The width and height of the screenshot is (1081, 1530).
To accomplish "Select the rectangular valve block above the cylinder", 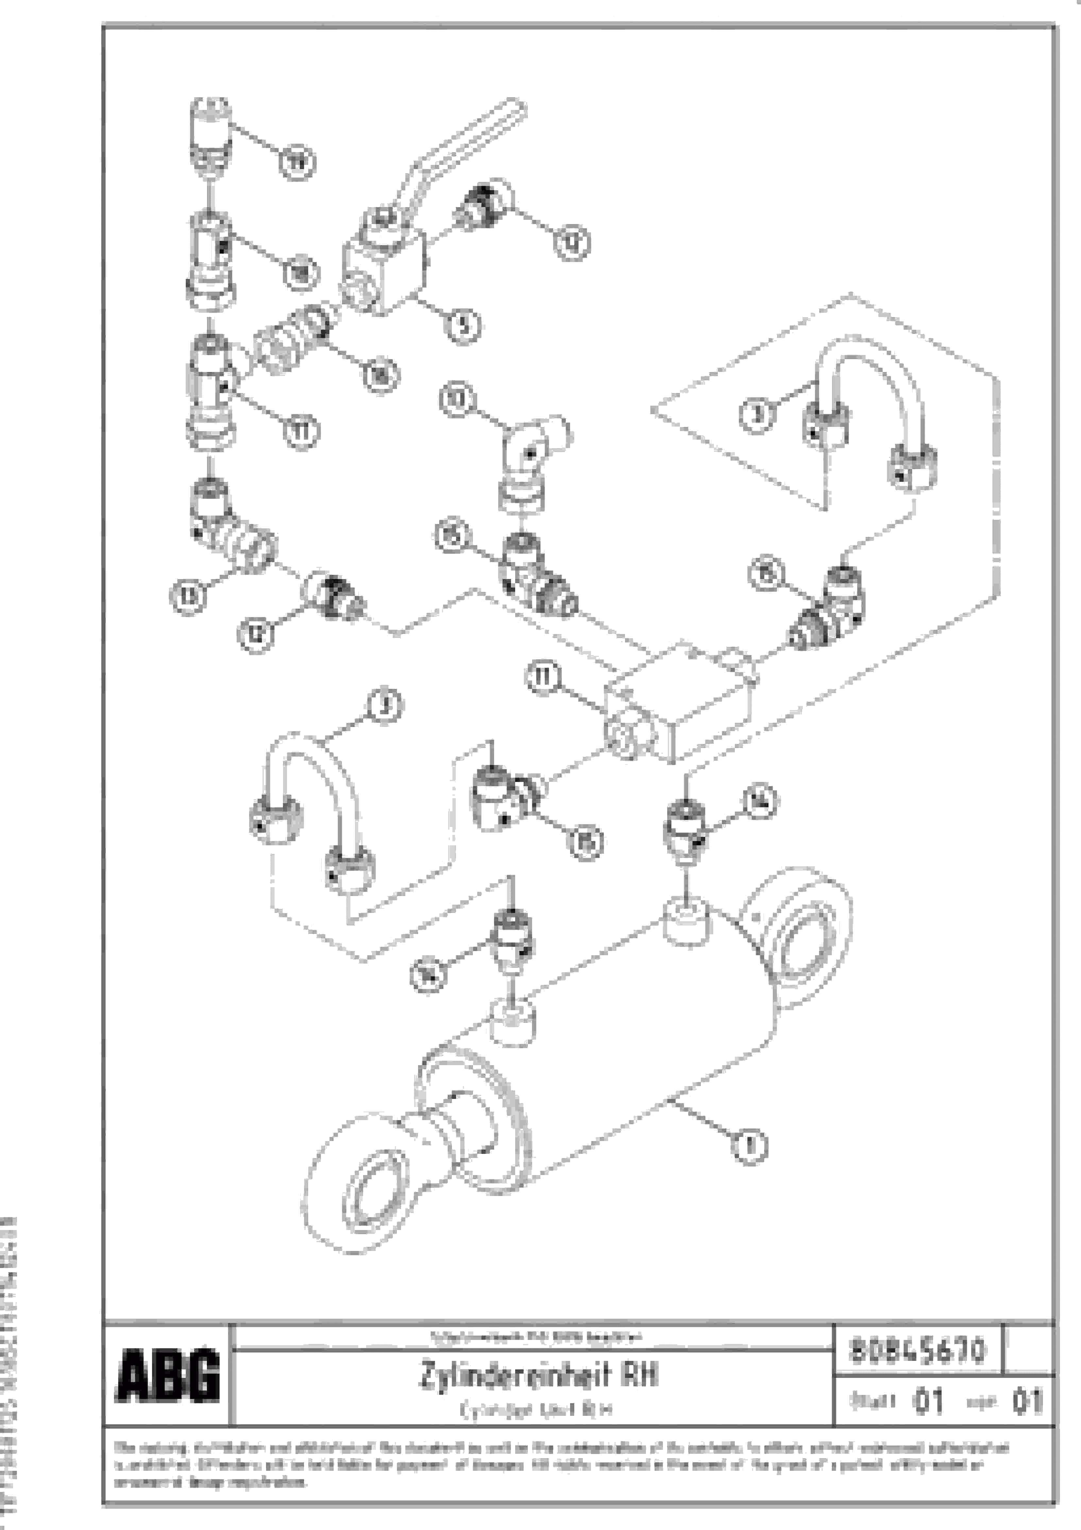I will [679, 706].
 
